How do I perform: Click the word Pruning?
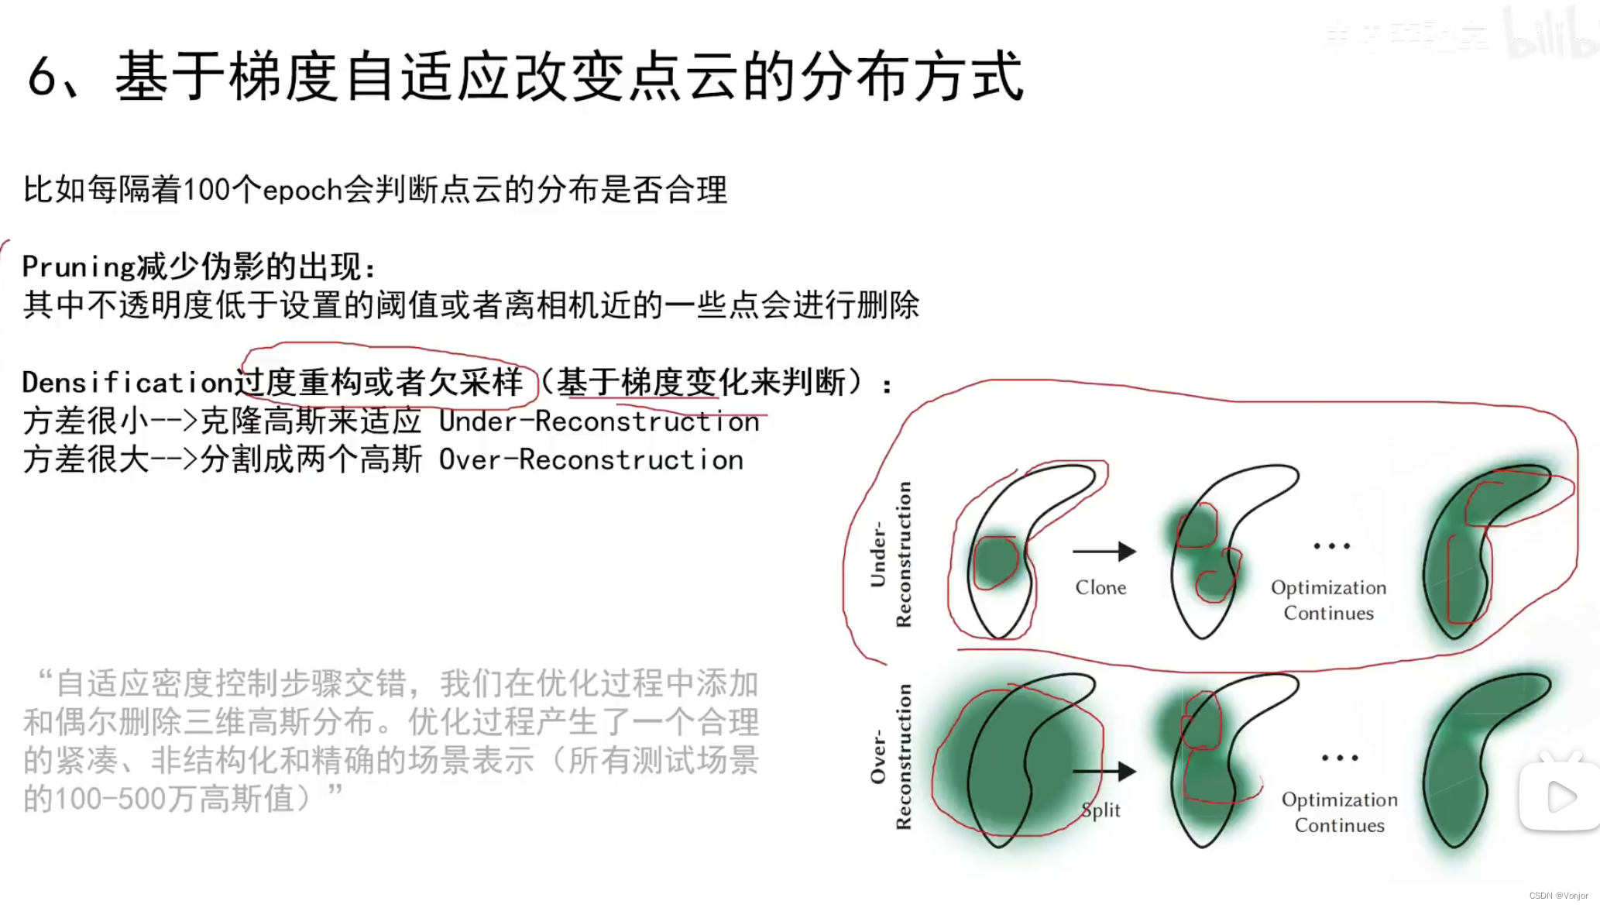point(78,267)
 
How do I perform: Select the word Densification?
point(127,383)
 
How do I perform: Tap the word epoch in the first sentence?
point(302,191)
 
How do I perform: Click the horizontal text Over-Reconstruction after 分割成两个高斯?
point(591,460)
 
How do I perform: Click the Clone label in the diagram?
point(1100,588)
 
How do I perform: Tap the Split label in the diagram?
point(1100,810)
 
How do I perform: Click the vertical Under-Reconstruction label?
point(890,554)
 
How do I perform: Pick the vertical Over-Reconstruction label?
point(890,756)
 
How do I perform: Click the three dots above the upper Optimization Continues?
point(1331,546)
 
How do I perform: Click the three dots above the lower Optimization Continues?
point(1340,758)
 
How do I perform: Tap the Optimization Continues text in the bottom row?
point(1340,813)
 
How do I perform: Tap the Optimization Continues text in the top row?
point(1329,600)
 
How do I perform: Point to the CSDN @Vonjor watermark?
point(1558,896)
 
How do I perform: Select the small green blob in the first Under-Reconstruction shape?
point(994,561)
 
